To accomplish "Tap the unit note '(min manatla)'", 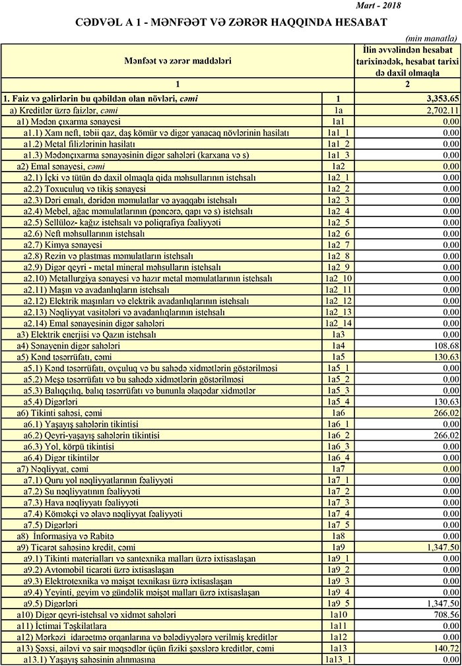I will pyautogui.click(x=432, y=39).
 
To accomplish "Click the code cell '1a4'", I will pyautogui.click(x=338, y=346).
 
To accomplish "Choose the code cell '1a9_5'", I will pyautogui.click(x=338, y=603).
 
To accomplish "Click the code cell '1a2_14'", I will pyautogui.click(x=338, y=323).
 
